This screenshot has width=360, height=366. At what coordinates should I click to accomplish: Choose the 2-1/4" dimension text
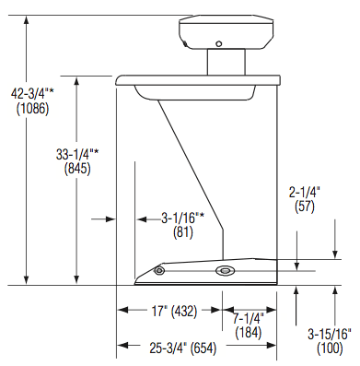tap(304, 193)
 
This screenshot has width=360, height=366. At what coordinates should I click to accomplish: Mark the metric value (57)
tap(304, 207)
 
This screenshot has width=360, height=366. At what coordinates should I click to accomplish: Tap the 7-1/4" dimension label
tap(247, 318)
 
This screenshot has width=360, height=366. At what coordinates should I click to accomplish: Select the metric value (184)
tap(247, 332)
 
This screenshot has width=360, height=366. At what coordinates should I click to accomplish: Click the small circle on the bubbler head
tap(218, 43)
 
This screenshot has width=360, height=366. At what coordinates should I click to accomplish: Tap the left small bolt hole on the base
tap(159, 271)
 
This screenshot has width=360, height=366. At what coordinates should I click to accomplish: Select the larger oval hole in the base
tap(225, 271)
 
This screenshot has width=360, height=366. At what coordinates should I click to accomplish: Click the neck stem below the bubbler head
tap(224, 64)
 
